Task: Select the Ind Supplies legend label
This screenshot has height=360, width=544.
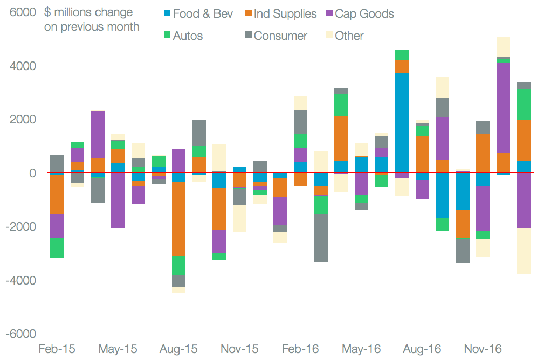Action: [285, 13]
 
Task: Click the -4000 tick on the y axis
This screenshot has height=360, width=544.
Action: [20, 280]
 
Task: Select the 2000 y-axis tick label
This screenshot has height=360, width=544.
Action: [22, 120]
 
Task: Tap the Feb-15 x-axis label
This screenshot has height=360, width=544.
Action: [57, 349]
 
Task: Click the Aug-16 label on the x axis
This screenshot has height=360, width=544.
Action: [422, 349]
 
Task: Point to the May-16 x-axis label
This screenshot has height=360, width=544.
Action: [362, 349]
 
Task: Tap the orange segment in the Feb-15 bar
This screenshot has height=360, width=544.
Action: [57, 195]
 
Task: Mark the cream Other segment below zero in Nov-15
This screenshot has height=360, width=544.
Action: [239, 218]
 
